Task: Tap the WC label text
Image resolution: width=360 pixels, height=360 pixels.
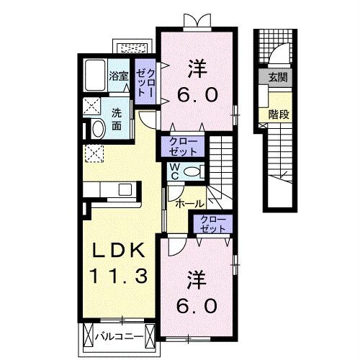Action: click(x=174, y=171)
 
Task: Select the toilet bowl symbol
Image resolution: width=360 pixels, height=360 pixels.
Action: click(x=191, y=171)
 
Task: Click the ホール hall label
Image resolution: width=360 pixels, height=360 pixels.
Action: click(x=190, y=204)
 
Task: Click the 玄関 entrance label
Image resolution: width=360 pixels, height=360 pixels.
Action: click(x=277, y=77)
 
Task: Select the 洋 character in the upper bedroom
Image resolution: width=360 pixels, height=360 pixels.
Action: click(x=198, y=70)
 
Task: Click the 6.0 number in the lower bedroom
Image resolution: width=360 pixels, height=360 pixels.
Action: click(x=197, y=305)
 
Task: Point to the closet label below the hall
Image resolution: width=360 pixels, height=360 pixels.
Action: click(x=212, y=223)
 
